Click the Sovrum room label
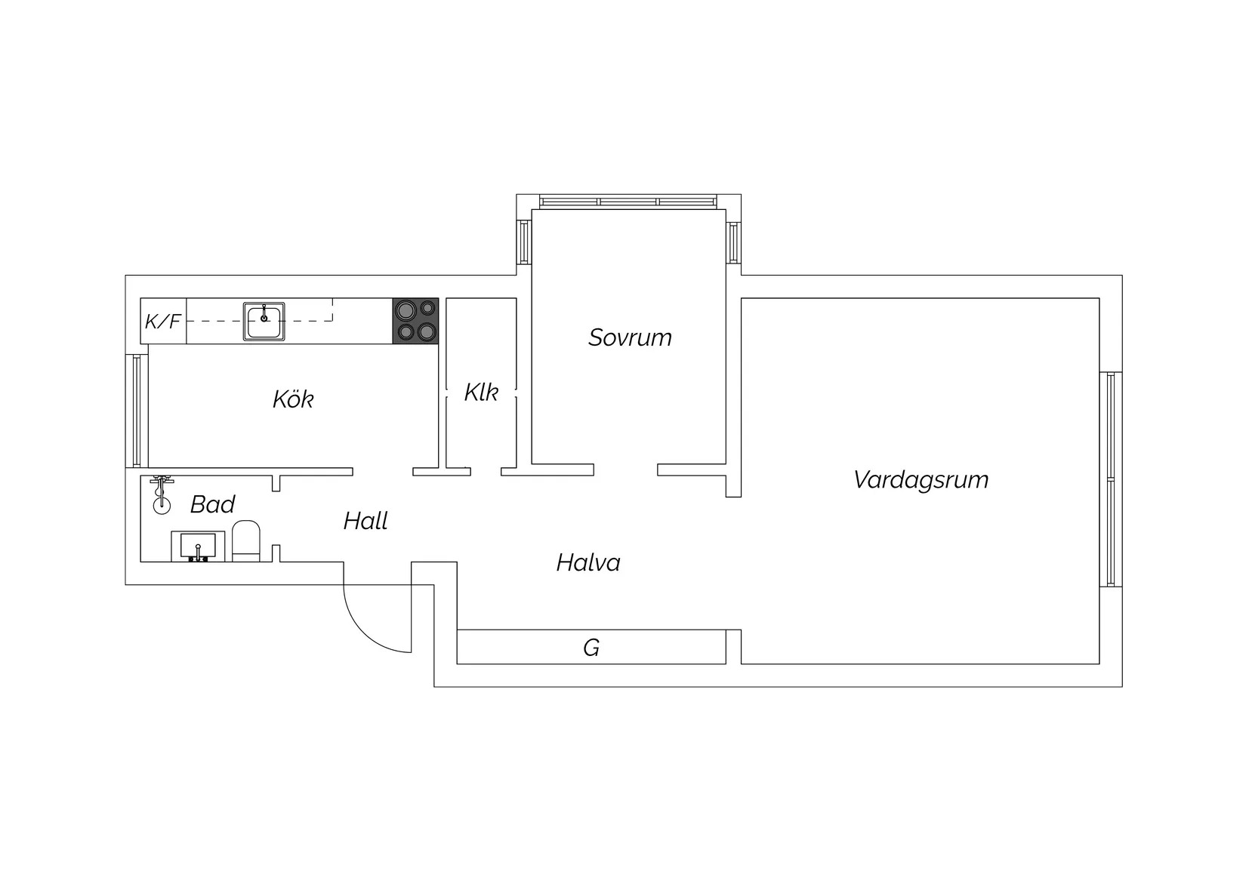pyautogui.click(x=630, y=337)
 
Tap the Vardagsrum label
pyautogui.click(x=921, y=480)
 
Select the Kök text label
pyautogui.click(x=293, y=399)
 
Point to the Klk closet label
pyautogui.click(x=481, y=393)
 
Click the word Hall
pyautogui.click(x=365, y=521)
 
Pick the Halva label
pyautogui.click(x=588, y=562)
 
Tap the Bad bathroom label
pyautogui.click(x=212, y=504)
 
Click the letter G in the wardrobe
pyautogui.click(x=591, y=648)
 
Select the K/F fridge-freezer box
pyautogui.click(x=163, y=321)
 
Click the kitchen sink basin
pyautogui.click(x=264, y=321)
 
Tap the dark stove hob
pyautogui.click(x=415, y=321)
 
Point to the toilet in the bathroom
pyautogui.click(x=246, y=541)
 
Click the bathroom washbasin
pyautogui.click(x=198, y=547)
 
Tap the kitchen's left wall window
pyautogui.click(x=137, y=411)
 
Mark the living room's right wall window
pyautogui.click(x=1110, y=479)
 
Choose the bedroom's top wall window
pyautogui.click(x=628, y=202)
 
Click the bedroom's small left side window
pyautogui.click(x=524, y=242)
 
